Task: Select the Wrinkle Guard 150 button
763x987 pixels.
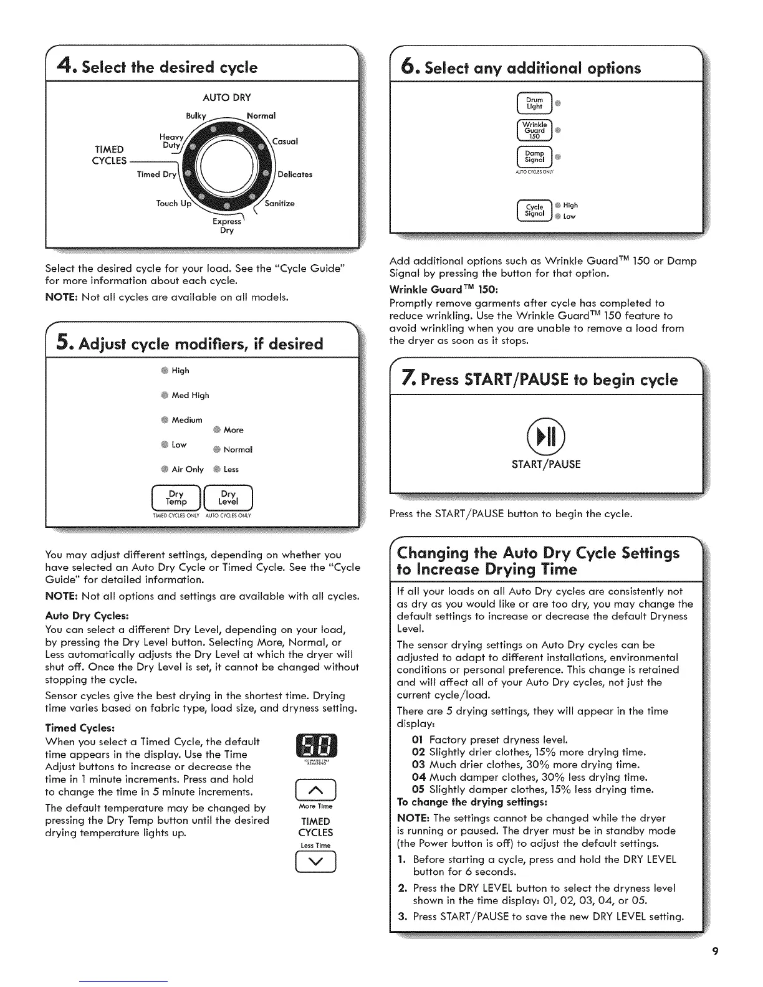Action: (x=535, y=130)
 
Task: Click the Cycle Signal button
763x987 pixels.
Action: (x=535, y=211)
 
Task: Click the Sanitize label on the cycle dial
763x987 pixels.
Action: (x=279, y=204)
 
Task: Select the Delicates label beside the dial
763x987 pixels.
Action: (x=295, y=174)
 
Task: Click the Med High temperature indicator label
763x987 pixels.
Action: (x=190, y=395)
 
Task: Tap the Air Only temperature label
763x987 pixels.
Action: (x=188, y=469)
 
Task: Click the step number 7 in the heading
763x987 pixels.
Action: (x=408, y=378)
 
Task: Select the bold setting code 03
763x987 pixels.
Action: (x=418, y=765)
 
